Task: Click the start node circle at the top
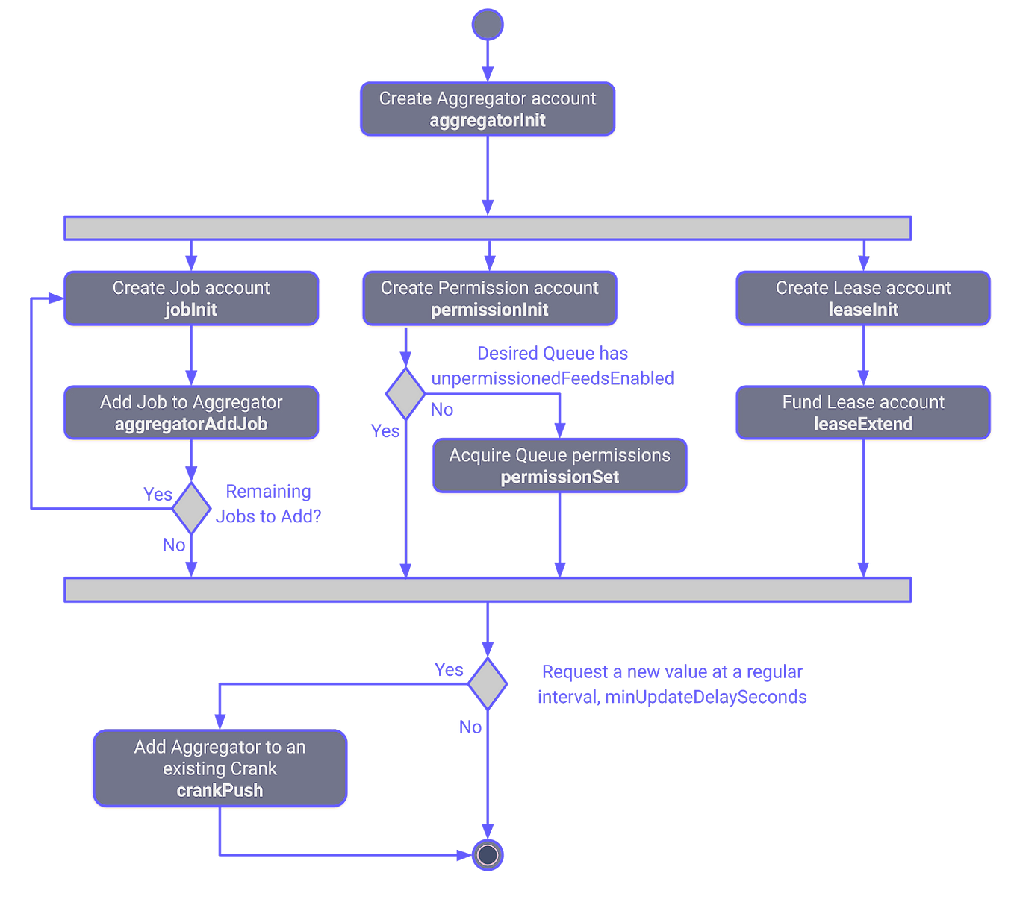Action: coord(488,25)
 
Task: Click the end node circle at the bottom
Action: coord(488,854)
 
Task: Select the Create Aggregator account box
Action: coord(488,109)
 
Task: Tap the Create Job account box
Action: coord(191,298)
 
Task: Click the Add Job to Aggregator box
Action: coord(191,413)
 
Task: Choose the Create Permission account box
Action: coord(489,298)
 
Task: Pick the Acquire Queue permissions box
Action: coord(559,466)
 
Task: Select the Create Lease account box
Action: coord(863,298)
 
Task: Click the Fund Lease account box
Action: coord(863,413)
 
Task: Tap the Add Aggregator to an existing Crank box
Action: coord(220,768)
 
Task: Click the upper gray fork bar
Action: coord(488,228)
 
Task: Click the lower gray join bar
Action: coord(488,589)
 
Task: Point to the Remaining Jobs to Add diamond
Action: coord(192,508)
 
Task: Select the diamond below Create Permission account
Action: coord(405,392)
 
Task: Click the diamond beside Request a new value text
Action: coord(488,683)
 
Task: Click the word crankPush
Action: coord(220,791)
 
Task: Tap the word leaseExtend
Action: coord(863,425)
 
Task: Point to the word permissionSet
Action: coord(559,477)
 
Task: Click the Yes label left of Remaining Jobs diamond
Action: coord(158,494)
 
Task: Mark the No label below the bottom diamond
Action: coord(470,727)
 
